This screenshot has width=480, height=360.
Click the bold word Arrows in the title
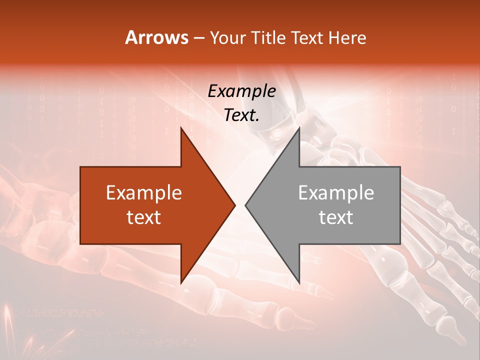[157, 37]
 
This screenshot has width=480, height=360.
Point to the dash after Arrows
[198, 38]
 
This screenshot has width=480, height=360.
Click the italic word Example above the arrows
[241, 91]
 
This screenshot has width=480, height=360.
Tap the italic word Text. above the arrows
[241, 115]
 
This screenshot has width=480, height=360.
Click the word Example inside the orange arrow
[143, 192]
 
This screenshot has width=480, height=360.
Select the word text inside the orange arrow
[143, 217]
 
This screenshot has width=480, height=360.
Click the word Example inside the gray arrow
[336, 192]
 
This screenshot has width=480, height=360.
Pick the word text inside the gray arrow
[336, 217]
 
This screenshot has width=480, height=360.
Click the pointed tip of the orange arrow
[235, 205]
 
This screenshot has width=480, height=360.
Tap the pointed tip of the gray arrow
[245, 205]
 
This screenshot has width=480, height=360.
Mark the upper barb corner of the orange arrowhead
[181, 127]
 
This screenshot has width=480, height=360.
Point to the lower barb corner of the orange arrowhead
[181, 283]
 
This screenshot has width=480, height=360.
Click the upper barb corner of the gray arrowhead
[299, 127]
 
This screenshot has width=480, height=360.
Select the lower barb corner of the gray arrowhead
[299, 283]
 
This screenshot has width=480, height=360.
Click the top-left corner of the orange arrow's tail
[80, 167]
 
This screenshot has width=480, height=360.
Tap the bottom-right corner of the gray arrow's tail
[400, 244]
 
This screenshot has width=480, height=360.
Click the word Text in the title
[307, 37]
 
